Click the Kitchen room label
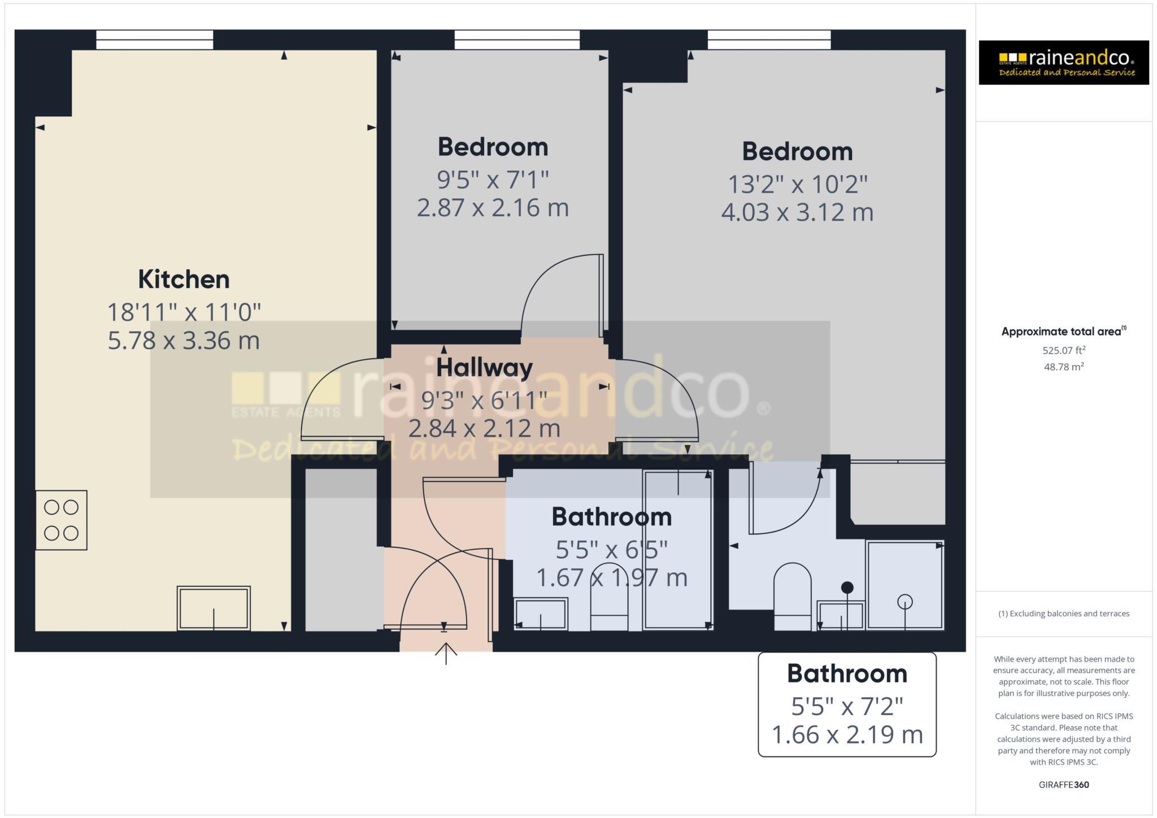[184, 280]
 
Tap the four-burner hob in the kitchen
[61, 520]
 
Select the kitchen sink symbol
[214, 608]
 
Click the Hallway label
[484, 368]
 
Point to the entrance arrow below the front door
[446, 654]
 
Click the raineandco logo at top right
[1063, 63]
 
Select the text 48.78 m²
[1063, 367]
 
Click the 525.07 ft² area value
[1063, 350]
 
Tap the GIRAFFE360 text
[1063, 785]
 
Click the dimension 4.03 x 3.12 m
[797, 212]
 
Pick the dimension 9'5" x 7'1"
[493, 180]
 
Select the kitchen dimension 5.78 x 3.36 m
[184, 341]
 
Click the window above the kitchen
[154, 40]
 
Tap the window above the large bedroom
[769, 40]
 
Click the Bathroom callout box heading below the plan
[846, 674]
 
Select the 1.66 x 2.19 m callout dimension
[846, 735]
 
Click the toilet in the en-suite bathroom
[792, 596]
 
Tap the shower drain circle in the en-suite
[904, 602]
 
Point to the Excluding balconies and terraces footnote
[1063, 613]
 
